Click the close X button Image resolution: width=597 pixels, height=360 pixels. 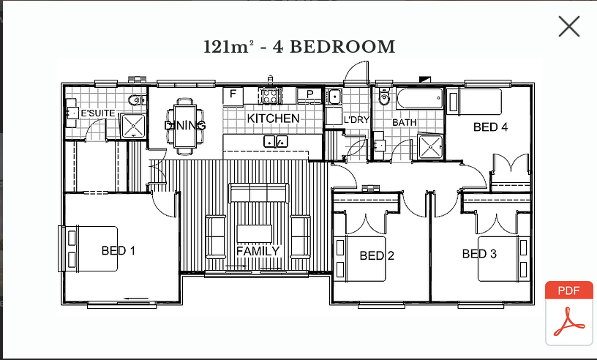click(x=569, y=26)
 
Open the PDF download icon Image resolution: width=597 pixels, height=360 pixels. click(x=569, y=313)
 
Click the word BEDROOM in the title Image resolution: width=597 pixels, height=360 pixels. click(x=342, y=47)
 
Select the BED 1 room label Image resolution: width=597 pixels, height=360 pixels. click(x=119, y=251)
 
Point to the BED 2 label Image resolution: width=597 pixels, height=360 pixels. click(x=377, y=255)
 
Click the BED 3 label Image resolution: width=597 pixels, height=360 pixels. click(x=479, y=254)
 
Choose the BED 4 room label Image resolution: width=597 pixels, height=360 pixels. click(x=490, y=127)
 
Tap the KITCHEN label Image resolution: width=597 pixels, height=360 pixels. click(x=273, y=119)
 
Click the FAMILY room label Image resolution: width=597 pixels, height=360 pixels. click(x=258, y=251)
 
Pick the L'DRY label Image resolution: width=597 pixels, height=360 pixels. click(x=356, y=119)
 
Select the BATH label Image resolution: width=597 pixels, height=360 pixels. click(x=405, y=123)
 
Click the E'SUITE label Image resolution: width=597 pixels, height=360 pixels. click(x=98, y=113)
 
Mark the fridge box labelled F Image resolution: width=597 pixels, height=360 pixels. click(x=233, y=97)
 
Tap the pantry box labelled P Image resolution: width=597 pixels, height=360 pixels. click(x=309, y=95)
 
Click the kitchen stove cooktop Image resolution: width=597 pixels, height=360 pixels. click(x=270, y=96)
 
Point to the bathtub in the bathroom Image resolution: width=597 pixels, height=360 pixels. click(x=419, y=98)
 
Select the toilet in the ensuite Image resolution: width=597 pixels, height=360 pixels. click(x=136, y=100)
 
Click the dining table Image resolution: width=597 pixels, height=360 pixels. click(x=185, y=126)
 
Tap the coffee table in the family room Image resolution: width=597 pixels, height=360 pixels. click(x=255, y=233)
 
